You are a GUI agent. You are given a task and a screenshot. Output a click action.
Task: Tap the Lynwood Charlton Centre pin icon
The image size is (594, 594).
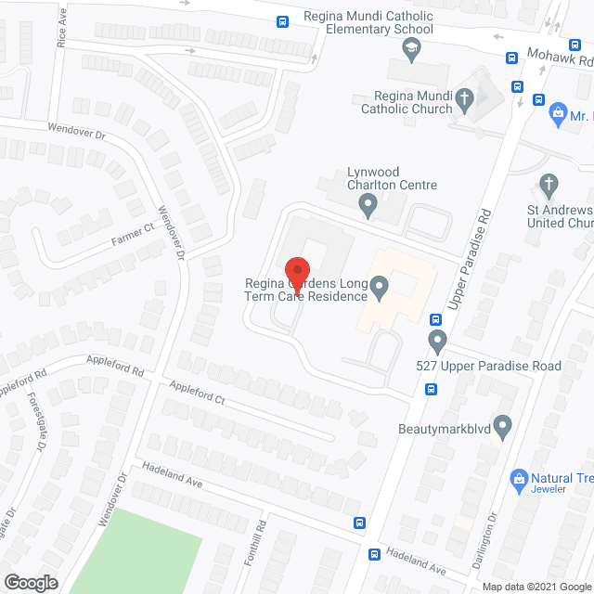click(x=368, y=204)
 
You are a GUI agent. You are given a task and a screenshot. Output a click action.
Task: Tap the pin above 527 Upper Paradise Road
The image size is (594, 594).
click(x=436, y=338)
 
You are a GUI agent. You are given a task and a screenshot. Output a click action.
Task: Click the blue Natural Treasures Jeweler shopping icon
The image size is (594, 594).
click(x=519, y=479)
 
